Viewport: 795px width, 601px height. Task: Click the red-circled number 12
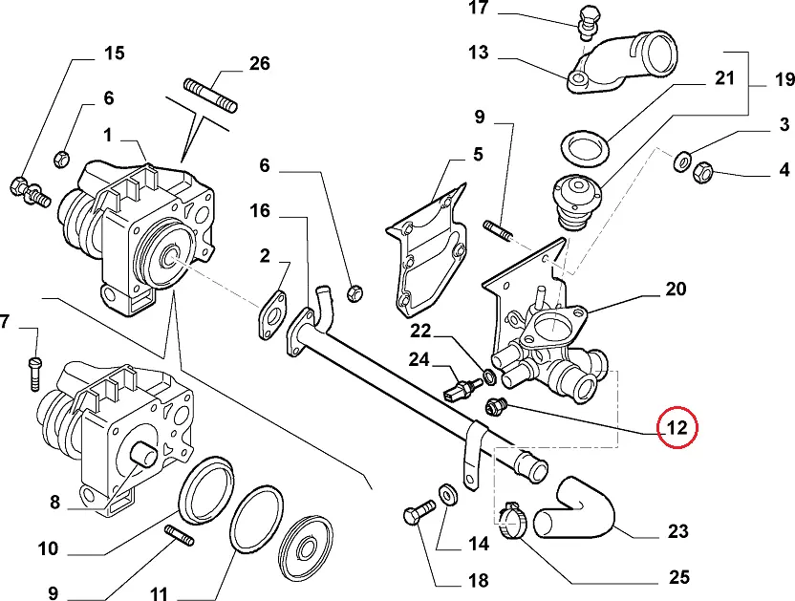coord(677,428)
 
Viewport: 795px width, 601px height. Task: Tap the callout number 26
coord(259,64)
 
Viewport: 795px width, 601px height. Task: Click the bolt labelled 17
coord(585,20)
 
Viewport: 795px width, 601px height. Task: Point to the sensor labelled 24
coord(460,388)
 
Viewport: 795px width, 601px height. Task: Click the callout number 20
coord(676,289)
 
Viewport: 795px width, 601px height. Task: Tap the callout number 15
coord(114,53)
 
